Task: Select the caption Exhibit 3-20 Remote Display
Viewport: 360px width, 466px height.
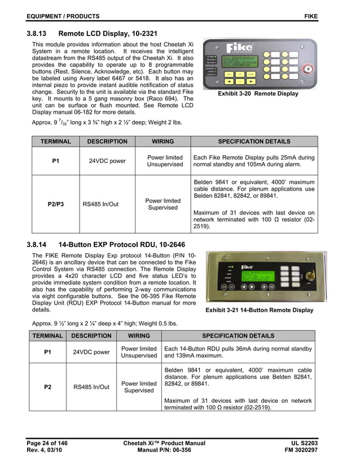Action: coord(258,94)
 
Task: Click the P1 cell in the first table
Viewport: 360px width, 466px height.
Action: coord(55,161)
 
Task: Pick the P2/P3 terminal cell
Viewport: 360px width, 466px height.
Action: coord(55,204)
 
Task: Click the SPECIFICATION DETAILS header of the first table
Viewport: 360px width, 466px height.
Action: coord(254,142)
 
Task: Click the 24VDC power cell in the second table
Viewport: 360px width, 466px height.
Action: coord(91,353)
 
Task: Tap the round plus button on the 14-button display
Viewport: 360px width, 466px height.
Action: coord(264,286)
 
